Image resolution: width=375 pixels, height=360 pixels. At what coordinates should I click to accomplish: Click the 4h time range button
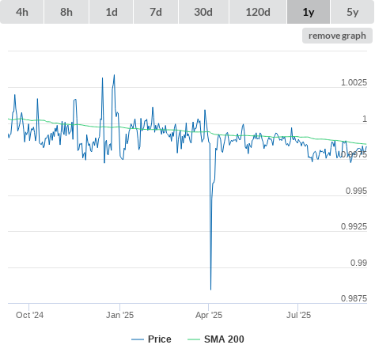(22, 12)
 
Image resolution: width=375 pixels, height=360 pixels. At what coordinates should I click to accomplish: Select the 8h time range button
(66, 12)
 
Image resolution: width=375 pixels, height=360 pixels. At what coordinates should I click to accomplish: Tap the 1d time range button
(112, 12)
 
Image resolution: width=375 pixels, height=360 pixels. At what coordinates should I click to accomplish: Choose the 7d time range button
(156, 12)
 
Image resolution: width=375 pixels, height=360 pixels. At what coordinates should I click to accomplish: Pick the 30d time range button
(203, 12)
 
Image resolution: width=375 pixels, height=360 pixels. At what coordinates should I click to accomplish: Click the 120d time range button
(258, 12)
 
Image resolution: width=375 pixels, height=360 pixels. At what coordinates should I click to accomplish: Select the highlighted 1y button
(309, 12)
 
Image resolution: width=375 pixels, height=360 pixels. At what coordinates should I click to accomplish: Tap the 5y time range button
(353, 12)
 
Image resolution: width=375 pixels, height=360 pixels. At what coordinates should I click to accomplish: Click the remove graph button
(337, 36)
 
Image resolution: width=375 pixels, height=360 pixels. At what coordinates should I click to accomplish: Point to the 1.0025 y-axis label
(354, 82)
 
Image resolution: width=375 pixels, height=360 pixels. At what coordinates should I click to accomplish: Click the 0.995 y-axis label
(356, 191)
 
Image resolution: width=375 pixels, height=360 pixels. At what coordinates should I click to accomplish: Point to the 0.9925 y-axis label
(354, 226)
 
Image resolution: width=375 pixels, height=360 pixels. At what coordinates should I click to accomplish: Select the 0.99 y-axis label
(358, 263)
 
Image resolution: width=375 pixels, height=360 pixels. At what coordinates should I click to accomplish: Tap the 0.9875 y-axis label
(354, 298)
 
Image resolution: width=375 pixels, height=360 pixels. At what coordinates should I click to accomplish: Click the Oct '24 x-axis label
(29, 315)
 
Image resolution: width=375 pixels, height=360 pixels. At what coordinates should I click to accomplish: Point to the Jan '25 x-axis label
(119, 315)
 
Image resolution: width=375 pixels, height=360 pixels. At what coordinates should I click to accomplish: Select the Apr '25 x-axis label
(209, 315)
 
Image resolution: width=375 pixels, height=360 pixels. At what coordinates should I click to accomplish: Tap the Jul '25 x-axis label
(298, 315)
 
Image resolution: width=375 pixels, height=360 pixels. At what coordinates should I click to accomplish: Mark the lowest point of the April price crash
(210, 290)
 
